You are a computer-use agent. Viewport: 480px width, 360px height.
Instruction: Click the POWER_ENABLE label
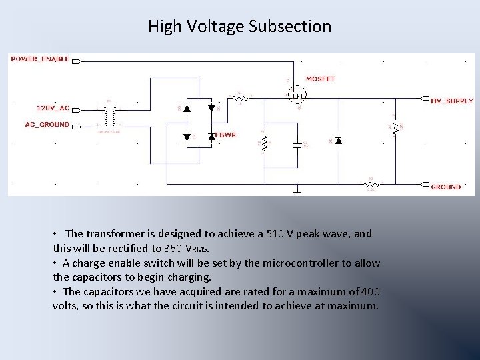tap(40, 59)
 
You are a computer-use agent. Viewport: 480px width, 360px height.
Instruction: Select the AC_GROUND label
tap(47, 124)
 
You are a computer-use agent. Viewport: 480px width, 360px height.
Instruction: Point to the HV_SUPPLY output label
tap(451, 101)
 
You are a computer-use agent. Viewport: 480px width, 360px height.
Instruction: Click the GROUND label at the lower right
tap(445, 187)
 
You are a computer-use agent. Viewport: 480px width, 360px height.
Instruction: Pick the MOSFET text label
tap(320, 79)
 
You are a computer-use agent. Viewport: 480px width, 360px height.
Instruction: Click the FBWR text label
tap(226, 135)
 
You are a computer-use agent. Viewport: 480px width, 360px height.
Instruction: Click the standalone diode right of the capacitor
tap(338, 141)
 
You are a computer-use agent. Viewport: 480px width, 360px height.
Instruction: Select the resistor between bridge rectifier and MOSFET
tap(240, 98)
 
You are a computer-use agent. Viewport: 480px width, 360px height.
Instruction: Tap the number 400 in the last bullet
tap(370, 291)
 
